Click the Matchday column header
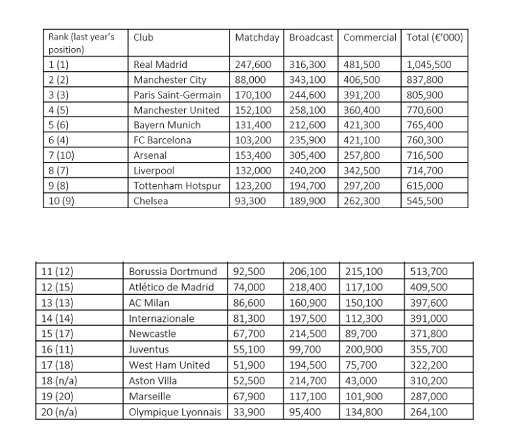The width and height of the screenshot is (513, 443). pos(258,38)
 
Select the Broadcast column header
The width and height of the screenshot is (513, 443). pos(312,38)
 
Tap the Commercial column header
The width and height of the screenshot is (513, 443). pos(370,38)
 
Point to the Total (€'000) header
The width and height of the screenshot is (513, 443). pos(435,38)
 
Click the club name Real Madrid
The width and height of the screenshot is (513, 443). pos(160,65)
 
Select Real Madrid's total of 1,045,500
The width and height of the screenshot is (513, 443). pos(429,65)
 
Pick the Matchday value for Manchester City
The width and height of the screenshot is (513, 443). pos(249,80)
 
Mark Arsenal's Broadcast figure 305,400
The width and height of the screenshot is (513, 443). pos(308,155)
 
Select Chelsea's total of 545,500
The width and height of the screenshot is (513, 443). pos(425,201)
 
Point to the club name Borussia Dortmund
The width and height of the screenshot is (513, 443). pos(173,271)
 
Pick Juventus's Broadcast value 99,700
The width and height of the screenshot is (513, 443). pos(305,350)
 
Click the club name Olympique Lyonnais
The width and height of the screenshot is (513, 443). pos(175,413)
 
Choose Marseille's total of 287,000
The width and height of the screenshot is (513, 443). pos(427,397)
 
